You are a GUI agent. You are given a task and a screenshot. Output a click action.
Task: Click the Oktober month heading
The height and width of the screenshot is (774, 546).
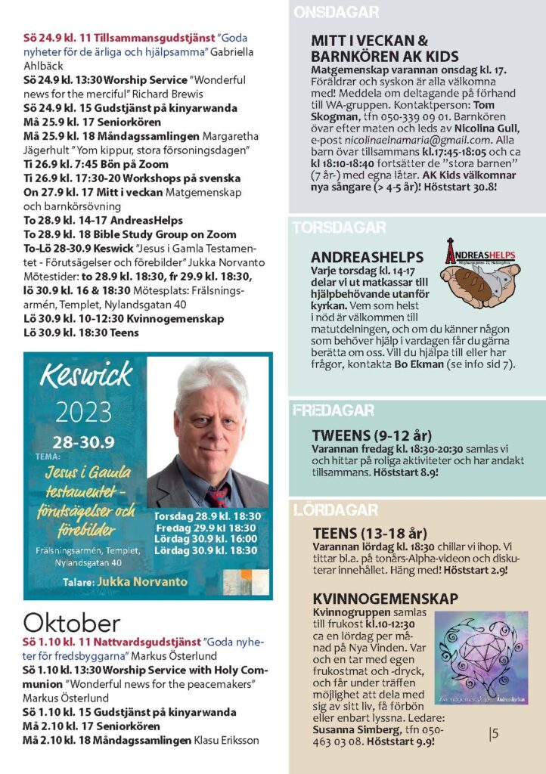click(71, 623)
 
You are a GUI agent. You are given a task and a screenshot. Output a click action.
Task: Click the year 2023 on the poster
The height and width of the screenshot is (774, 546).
click(82, 413)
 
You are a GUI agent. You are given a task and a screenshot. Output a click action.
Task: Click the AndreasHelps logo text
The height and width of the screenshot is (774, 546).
click(486, 255)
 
